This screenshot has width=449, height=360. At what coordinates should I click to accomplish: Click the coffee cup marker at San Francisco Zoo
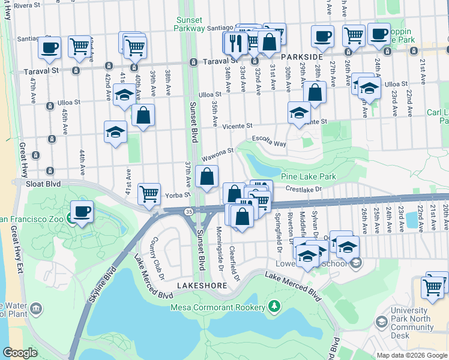tap(82, 211)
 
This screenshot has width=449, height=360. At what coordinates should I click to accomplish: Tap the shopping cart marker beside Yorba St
tap(149, 194)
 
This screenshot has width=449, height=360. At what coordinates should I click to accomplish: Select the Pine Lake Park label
tap(308, 176)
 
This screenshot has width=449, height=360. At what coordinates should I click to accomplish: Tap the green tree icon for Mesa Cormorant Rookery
tap(274, 307)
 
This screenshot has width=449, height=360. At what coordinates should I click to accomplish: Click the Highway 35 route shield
tap(188, 211)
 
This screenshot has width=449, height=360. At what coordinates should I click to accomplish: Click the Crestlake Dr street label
tap(304, 189)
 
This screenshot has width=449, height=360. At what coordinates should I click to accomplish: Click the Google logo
tap(20, 353)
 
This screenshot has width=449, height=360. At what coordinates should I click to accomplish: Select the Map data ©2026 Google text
tap(412, 355)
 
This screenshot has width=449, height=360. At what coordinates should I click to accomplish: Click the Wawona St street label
tap(217, 154)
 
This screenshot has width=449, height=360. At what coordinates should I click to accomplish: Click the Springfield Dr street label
tap(277, 224)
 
